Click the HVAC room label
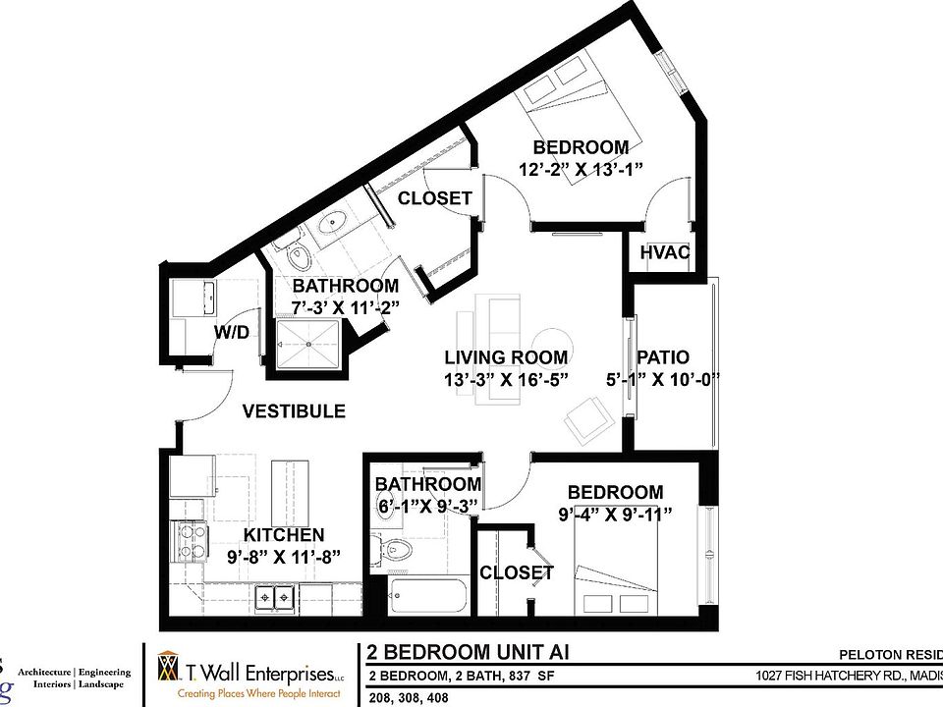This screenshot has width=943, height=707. [x=665, y=252]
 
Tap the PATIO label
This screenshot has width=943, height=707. [x=663, y=357]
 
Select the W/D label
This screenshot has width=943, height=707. [x=232, y=333]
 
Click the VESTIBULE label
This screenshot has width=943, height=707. [x=295, y=410]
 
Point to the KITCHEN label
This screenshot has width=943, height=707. [x=284, y=535]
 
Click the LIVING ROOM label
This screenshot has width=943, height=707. [x=505, y=357]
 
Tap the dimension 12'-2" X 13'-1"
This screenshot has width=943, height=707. [x=581, y=169]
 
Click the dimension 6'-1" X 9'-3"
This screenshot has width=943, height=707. [x=428, y=505]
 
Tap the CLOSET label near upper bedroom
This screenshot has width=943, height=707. [x=434, y=197]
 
